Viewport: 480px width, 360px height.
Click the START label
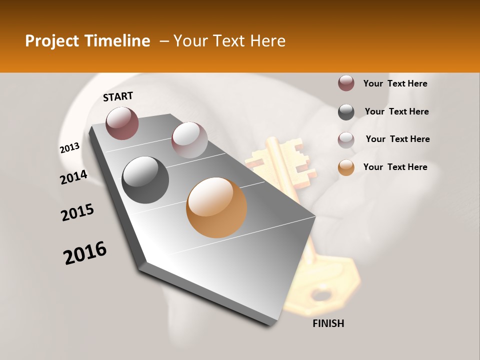coord(118,96)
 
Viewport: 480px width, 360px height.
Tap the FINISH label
coord(328,323)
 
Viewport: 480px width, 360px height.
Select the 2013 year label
coord(69,148)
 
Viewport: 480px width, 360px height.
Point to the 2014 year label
coord(73,177)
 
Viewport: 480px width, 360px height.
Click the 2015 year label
coord(77,212)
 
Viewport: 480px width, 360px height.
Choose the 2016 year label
coord(85,253)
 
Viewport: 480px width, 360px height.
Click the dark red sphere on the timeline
coord(122,123)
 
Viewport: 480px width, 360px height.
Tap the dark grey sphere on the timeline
coord(145,179)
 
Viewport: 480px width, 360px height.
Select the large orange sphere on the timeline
coord(216,207)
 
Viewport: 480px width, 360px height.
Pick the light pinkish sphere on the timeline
coord(189,140)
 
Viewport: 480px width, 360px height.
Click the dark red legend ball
coord(346,83)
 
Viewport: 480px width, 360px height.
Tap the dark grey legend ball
coord(346,112)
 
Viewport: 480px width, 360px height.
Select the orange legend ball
coord(346,167)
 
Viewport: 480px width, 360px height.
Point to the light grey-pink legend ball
coord(346,140)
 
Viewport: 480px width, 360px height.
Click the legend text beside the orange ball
coord(395,167)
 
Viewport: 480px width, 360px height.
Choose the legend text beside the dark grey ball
coord(396,111)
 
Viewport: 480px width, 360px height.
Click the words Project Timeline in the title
coord(87,41)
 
